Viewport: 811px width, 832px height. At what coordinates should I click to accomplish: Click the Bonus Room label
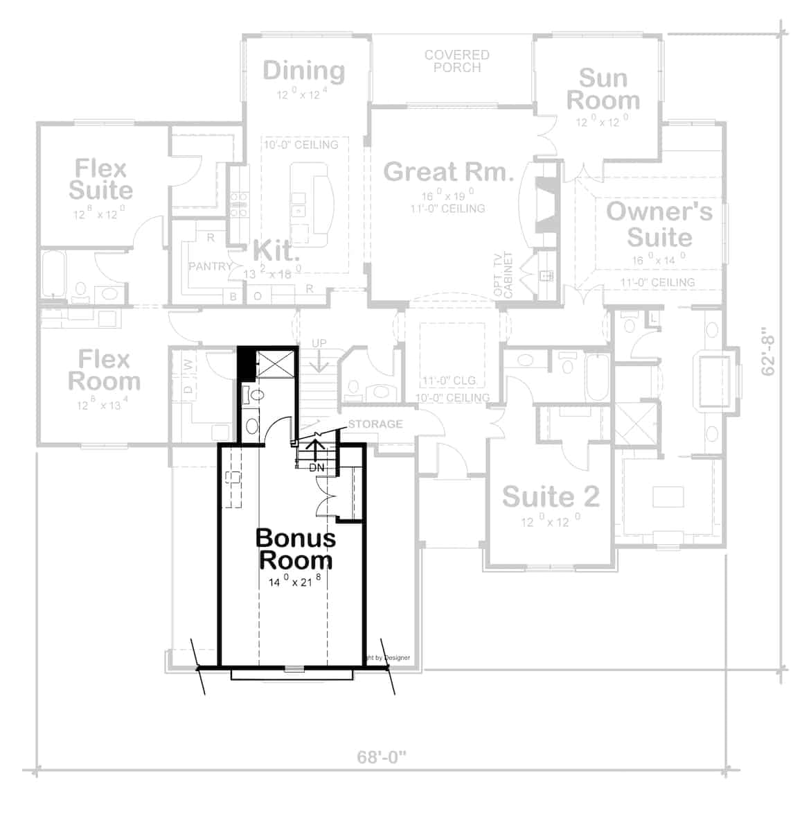(295, 548)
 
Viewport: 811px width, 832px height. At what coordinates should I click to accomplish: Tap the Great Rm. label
(448, 171)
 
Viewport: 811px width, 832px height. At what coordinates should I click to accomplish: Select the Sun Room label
(603, 89)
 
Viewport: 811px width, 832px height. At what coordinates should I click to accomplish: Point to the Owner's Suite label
(659, 224)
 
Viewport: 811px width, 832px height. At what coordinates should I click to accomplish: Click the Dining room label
(304, 70)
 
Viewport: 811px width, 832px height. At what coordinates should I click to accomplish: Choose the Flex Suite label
(101, 179)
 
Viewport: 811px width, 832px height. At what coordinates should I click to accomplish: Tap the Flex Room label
(104, 370)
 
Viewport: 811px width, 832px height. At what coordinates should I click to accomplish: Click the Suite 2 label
(551, 496)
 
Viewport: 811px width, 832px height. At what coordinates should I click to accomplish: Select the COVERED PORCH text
(457, 61)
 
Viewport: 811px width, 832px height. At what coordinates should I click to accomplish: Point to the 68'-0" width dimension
(382, 756)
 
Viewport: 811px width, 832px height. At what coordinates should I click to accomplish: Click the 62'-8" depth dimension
(769, 352)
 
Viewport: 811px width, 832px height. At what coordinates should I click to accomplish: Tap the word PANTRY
(210, 266)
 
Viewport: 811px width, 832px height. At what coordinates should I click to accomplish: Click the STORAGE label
(375, 424)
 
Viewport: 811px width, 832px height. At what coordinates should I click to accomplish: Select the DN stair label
(317, 468)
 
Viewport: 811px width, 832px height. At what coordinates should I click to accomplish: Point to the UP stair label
(319, 344)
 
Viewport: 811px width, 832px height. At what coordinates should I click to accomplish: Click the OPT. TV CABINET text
(503, 275)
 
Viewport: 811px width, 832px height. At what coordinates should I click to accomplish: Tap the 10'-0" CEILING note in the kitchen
(301, 145)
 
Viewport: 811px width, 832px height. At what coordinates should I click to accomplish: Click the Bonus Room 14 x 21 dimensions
(294, 581)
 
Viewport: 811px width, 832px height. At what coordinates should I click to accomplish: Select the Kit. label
(276, 251)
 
